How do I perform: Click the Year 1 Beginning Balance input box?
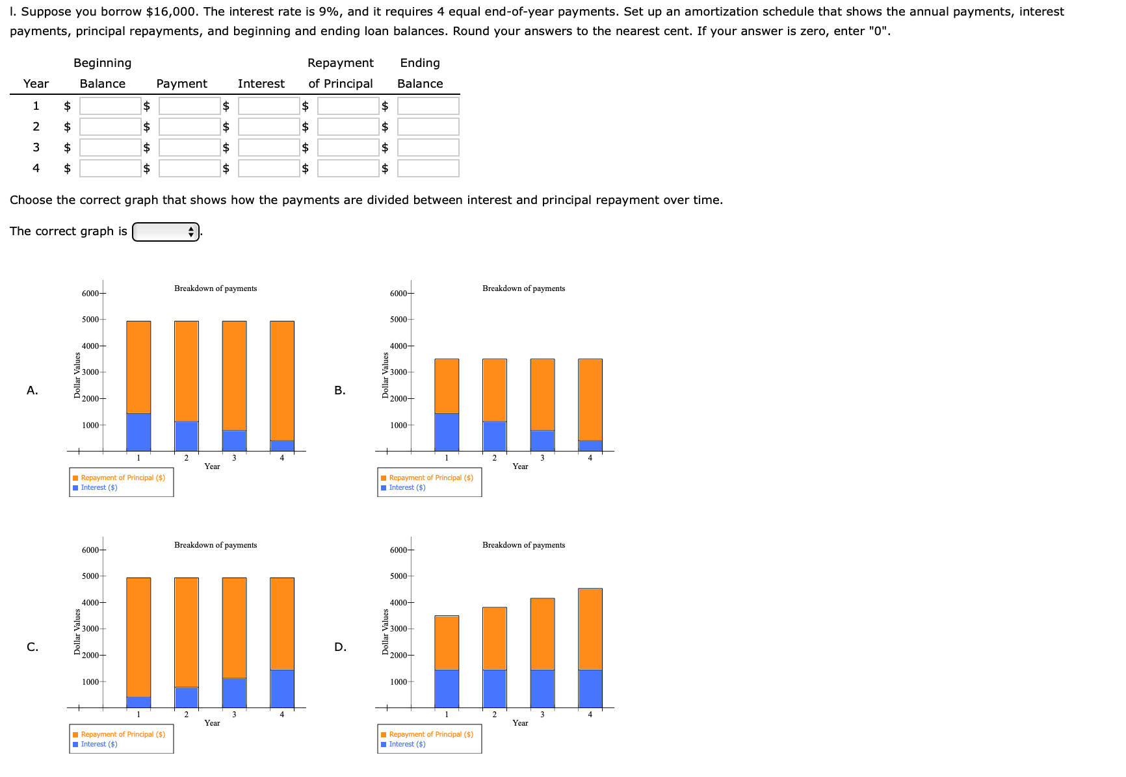(x=110, y=106)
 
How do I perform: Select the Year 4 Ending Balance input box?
(x=428, y=168)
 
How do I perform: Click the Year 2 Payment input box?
(x=189, y=127)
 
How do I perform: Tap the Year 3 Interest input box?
(x=268, y=147)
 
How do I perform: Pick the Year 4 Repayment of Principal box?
(x=348, y=168)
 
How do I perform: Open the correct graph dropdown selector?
(x=166, y=231)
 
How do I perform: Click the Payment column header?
(x=181, y=84)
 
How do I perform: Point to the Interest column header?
(x=261, y=84)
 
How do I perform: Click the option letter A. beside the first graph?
(x=33, y=390)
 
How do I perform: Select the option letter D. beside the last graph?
(x=340, y=647)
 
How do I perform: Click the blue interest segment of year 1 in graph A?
(x=138, y=432)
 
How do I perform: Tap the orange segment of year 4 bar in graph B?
(x=590, y=400)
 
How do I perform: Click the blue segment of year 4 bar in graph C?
(x=282, y=689)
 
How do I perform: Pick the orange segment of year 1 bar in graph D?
(x=447, y=643)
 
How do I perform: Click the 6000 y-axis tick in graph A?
(x=90, y=294)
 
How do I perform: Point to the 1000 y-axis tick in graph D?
(x=399, y=682)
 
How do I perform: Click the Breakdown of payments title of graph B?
(x=523, y=288)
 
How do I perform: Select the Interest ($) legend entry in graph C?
(x=99, y=745)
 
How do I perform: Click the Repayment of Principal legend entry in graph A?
(x=122, y=478)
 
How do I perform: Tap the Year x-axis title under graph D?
(x=520, y=723)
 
